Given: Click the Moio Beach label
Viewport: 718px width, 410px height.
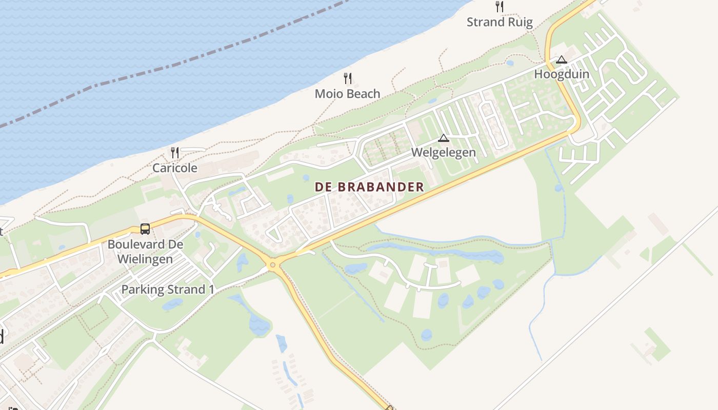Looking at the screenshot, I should coord(347,94).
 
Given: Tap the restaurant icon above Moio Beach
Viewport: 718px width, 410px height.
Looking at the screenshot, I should coord(348,78).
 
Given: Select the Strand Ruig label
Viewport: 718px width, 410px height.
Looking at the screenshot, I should coord(500,22).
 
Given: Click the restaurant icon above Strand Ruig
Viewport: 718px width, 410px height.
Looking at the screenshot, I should coord(500,7).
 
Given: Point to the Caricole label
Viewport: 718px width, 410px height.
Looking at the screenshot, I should coord(175,168).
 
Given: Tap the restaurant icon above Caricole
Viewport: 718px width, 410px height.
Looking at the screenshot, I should coord(175,152).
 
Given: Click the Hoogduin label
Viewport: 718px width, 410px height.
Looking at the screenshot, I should coord(562,74).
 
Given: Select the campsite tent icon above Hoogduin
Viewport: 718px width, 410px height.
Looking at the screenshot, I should coord(562,59).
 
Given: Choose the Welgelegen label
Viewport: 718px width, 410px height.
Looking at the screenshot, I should coord(444,153).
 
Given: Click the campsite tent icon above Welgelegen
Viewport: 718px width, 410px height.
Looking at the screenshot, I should coord(444,138).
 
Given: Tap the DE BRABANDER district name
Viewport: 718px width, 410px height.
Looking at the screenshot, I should coord(370,187).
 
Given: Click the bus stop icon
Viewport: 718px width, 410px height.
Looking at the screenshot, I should coord(145,229).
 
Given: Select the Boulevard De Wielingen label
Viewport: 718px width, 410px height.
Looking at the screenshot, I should coord(145,251).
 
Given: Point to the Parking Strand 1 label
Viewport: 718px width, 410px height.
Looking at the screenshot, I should coord(168,290).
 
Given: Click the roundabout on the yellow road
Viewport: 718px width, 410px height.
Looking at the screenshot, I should coord(272,265).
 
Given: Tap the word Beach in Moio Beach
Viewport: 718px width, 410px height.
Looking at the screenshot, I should coord(362,94).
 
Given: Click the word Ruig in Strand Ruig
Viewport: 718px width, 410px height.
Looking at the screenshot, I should coord(521,22).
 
